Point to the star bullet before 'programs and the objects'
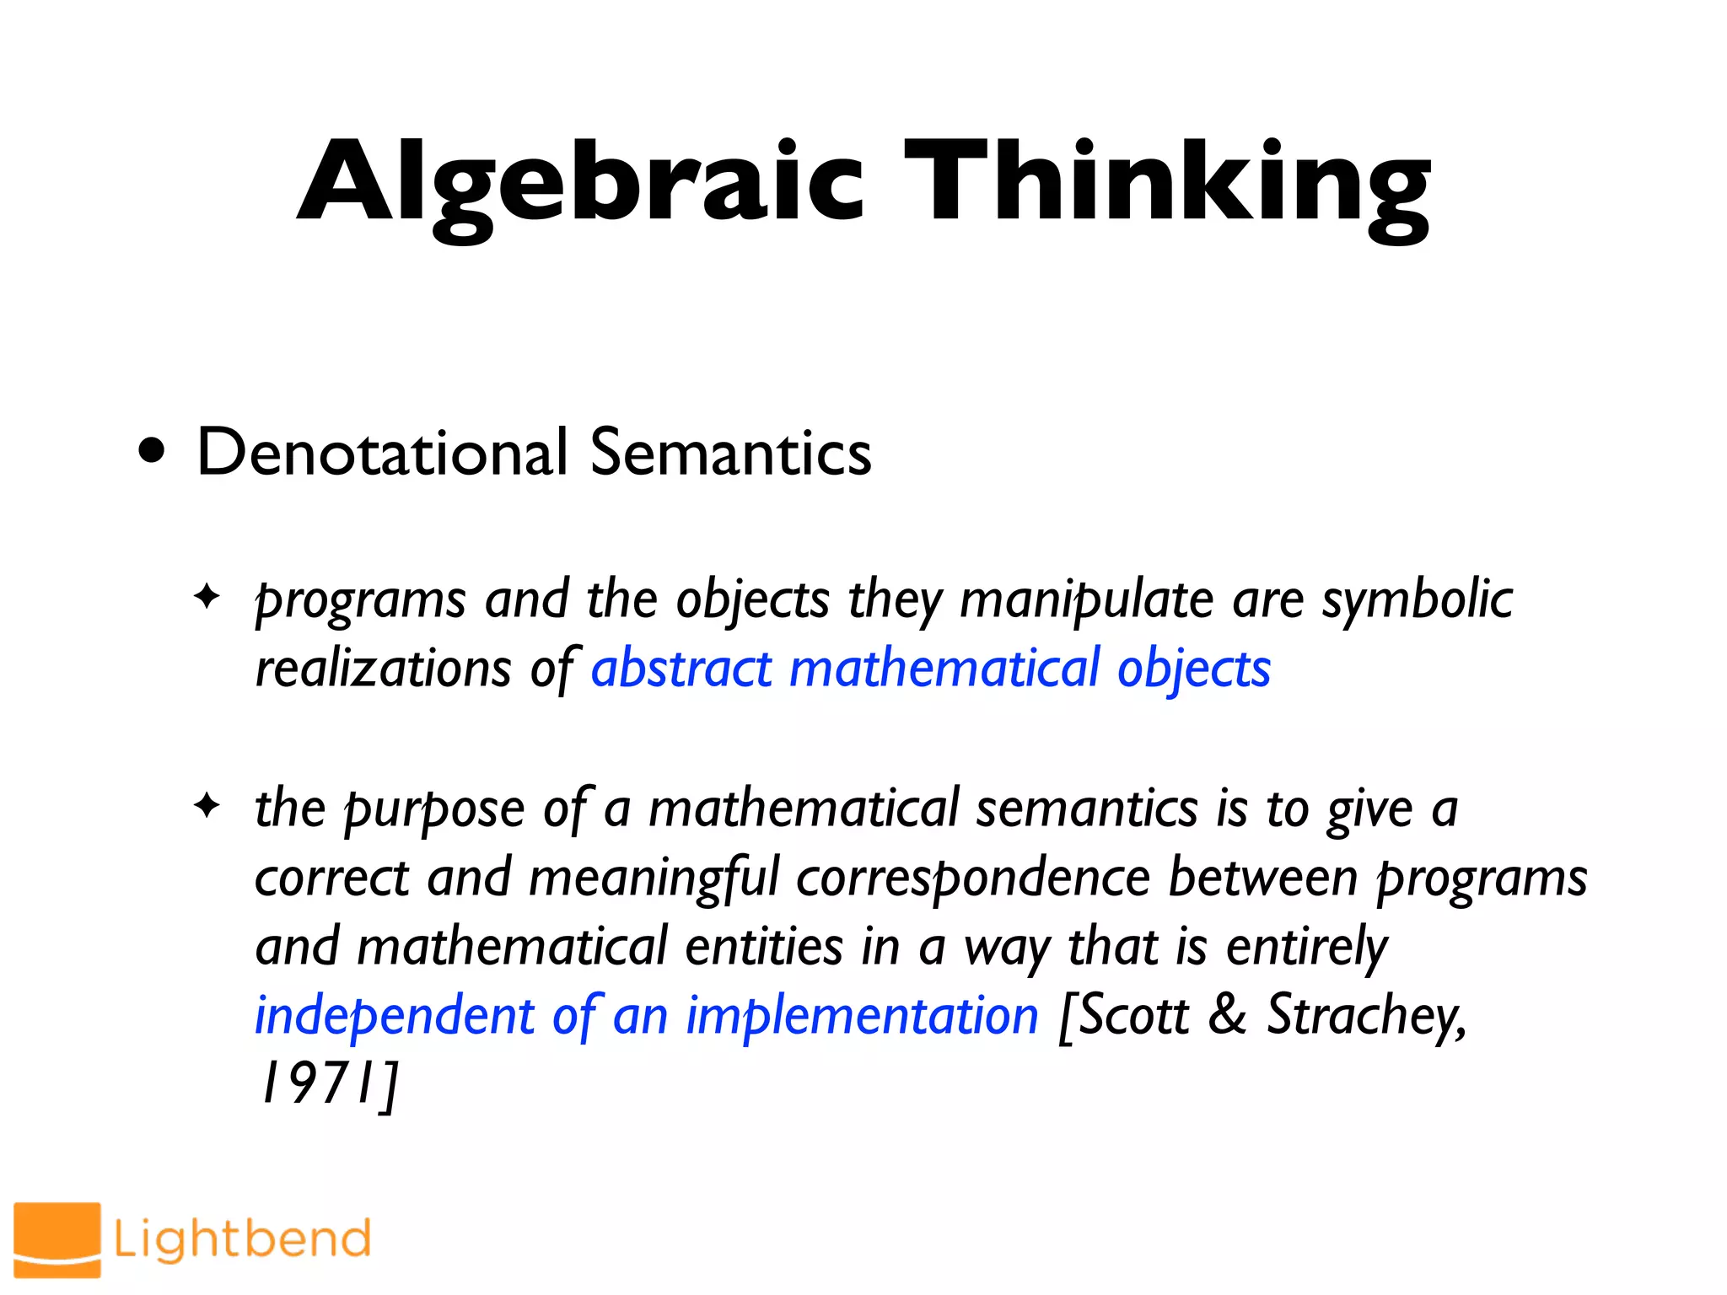(x=207, y=597)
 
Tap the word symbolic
(x=1417, y=601)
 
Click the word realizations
(x=383, y=669)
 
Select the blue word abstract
(x=681, y=669)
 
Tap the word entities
(x=764, y=948)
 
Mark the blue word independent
(x=395, y=1017)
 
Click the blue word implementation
(x=862, y=1017)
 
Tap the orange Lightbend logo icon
(x=57, y=1239)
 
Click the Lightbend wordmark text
(x=242, y=1239)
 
